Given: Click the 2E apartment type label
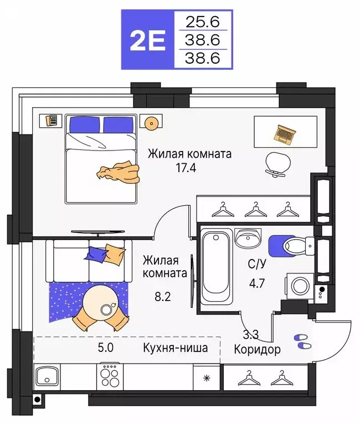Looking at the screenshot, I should (147, 42).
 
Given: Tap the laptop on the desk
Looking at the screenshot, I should (285, 132).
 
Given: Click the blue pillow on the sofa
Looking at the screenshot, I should (97, 254).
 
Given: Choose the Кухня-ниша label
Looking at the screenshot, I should (175, 348).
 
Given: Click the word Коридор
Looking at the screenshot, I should (257, 350).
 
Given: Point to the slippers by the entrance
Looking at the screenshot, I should (301, 341).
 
